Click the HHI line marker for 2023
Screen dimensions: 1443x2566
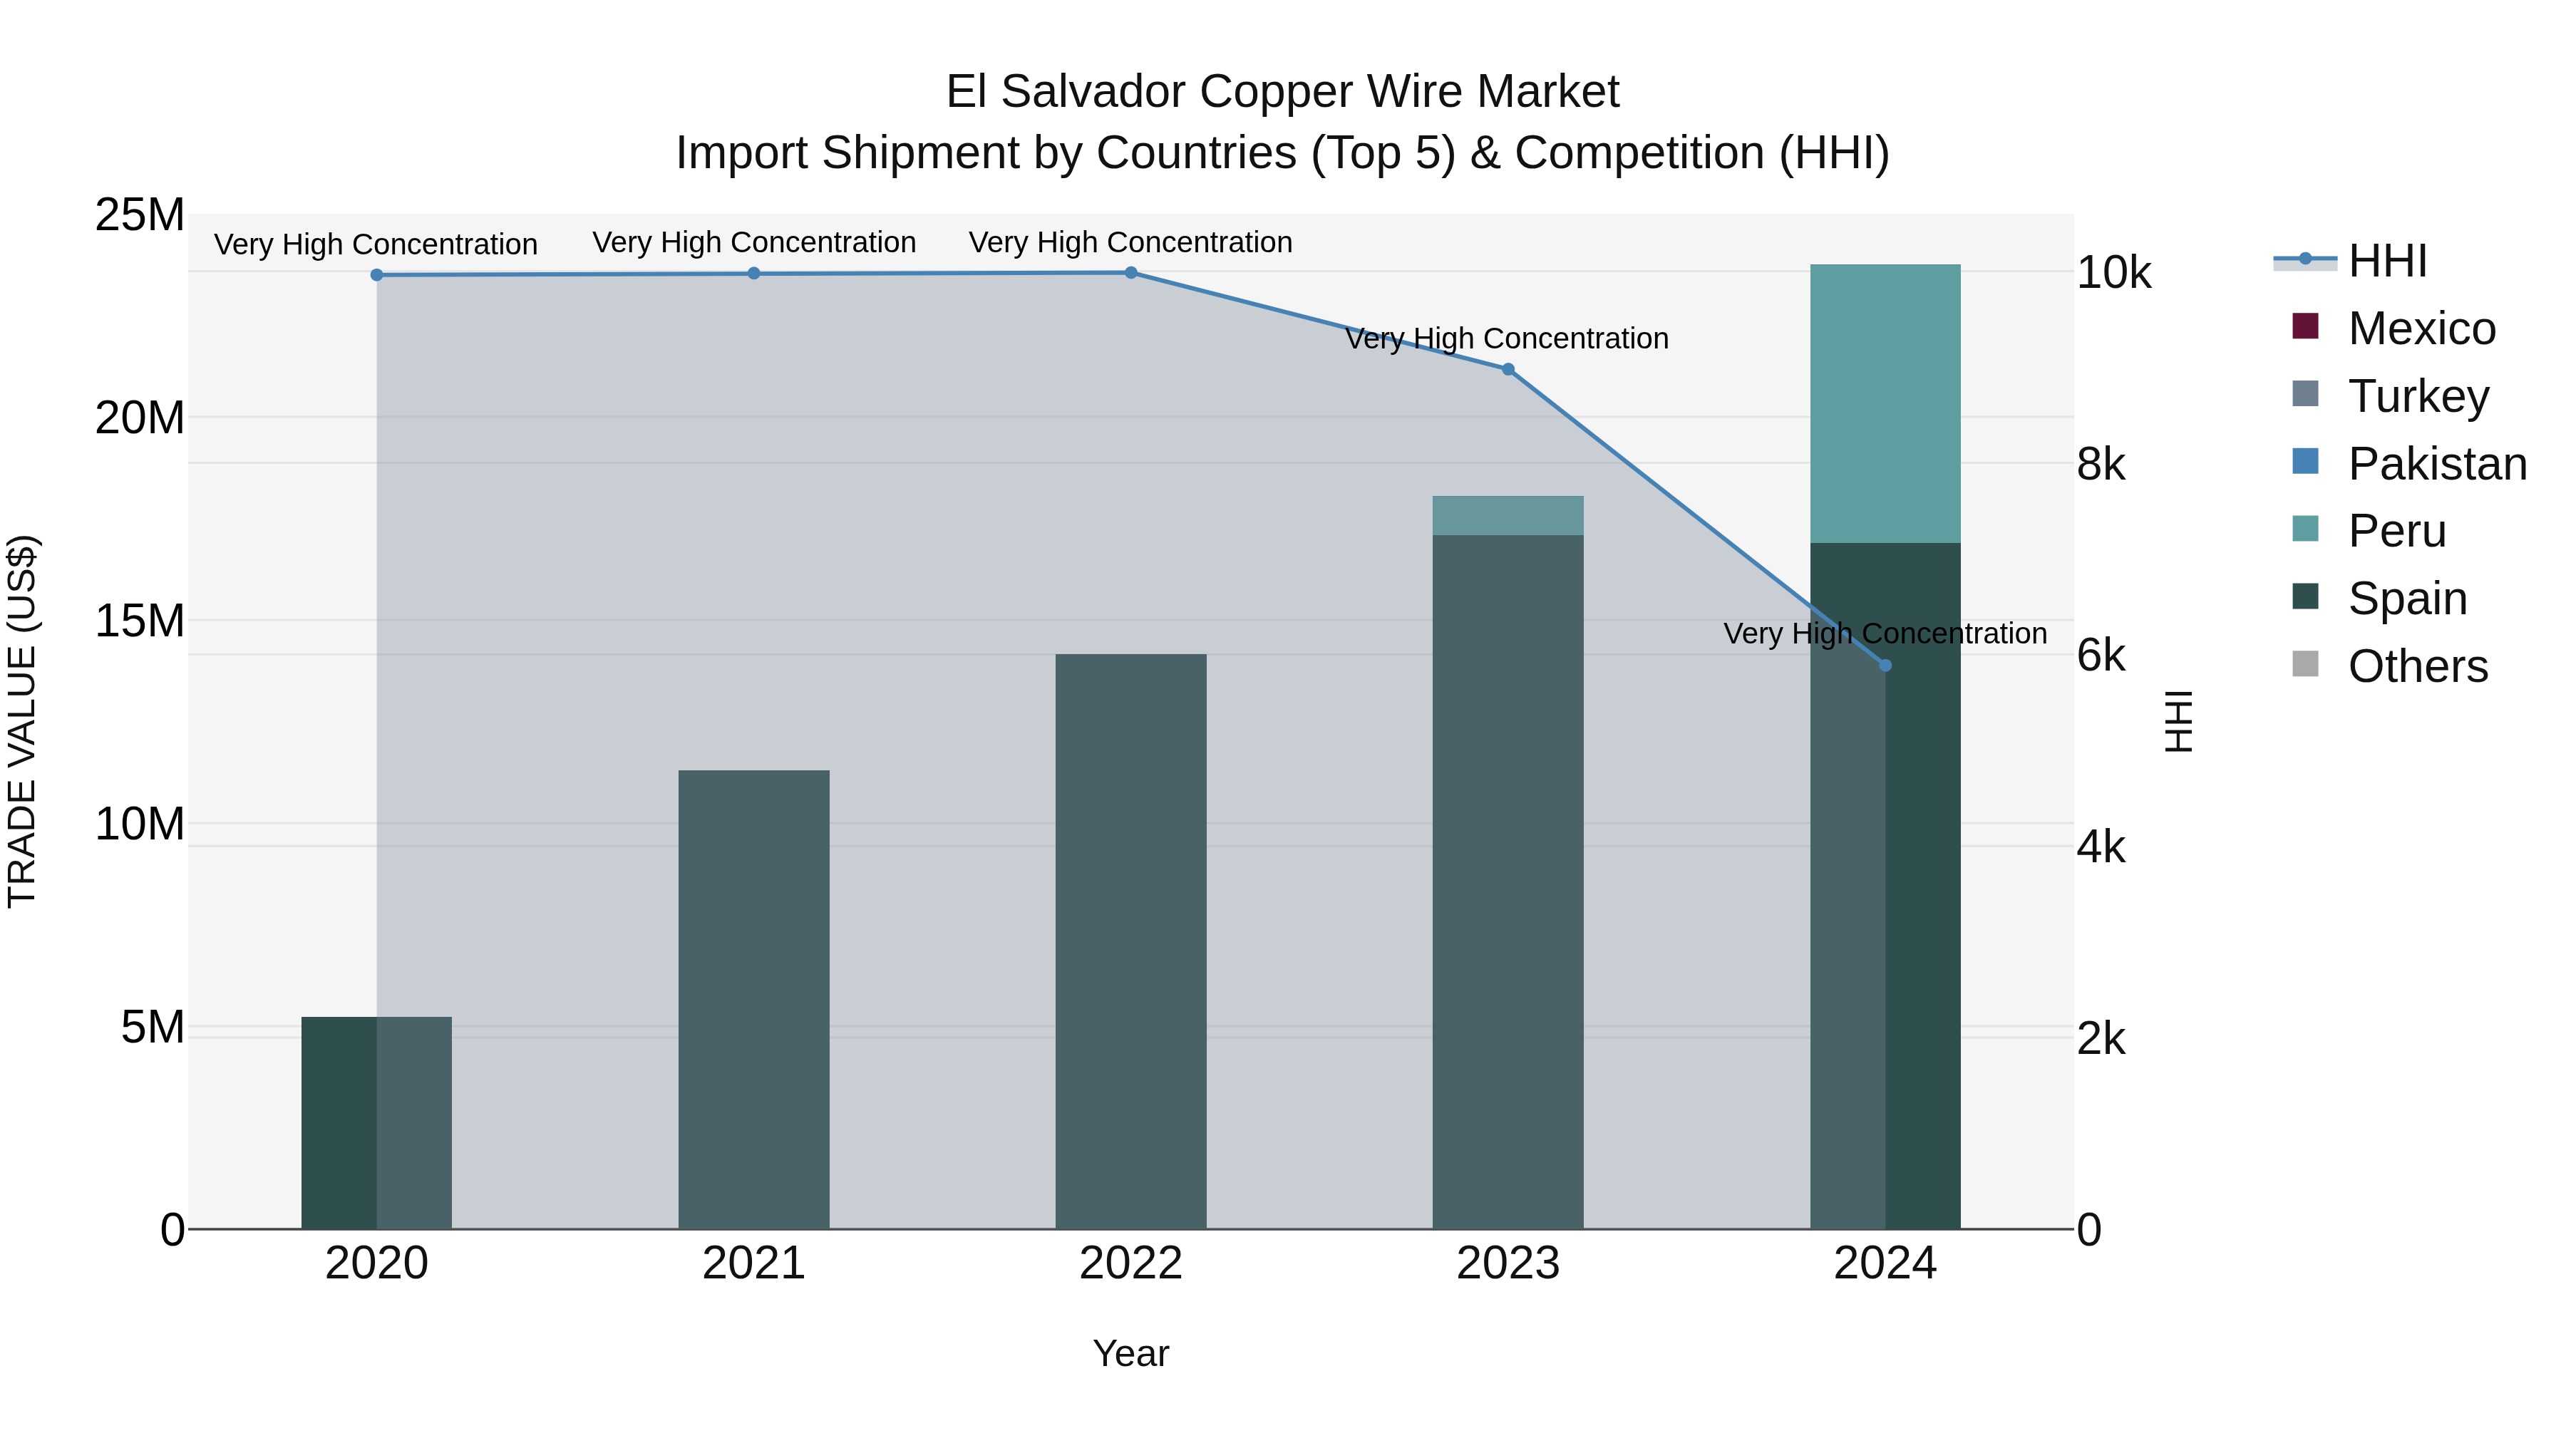(x=1507, y=369)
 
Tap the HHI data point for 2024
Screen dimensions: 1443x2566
(x=1885, y=666)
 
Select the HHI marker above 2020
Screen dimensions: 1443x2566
(x=376, y=275)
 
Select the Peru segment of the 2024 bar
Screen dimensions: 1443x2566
(x=1885, y=403)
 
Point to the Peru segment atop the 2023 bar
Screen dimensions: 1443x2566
(x=1507, y=516)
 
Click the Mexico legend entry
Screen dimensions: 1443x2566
(x=2421, y=329)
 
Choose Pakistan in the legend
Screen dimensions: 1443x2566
(x=2436, y=464)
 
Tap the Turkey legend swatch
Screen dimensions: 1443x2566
(x=2306, y=394)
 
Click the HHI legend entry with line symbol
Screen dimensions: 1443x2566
(x=2386, y=261)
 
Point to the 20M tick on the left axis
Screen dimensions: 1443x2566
(x=140, y=418)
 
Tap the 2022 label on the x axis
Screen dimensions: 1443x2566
(x=1130, y=1263)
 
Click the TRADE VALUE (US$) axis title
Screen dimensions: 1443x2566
(x=23, y=721)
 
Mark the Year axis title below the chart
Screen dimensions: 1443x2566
(x=1130, y=1353)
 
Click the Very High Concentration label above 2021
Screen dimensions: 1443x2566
(x=754, y=242)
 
